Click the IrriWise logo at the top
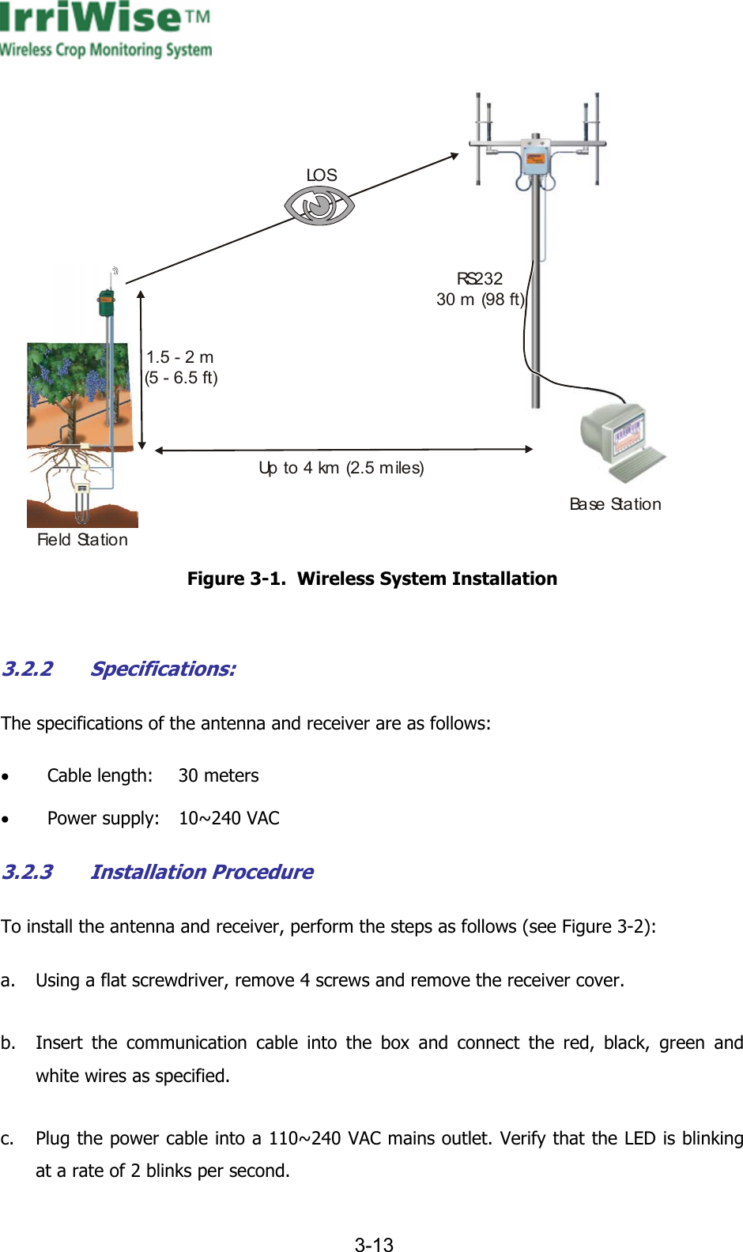pyautogui.click(x=105, y=30)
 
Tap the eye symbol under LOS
pyautogui.click(x=319, y=206)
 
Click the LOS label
pyautogui.click(x=322, y=175)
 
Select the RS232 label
pyautogui.click(x=480, y=278)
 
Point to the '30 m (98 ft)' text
pyautogui.click(x=480, y=300)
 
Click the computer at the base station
pyautogui.click(x=621, y=442)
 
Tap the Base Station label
pyautogui.click(x=615, y=504)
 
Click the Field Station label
pyautogui.click(x=82, y=540)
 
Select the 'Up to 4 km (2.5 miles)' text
pyautogui.click(x=341, y=468)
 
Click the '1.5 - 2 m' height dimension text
pyautogui.click(x=180, y=357)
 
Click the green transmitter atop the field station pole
pyautogui.click(x=106, y=304)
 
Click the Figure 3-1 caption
pyautogui.click(x=371, y=579)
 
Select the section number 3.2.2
pyautogui.click(x=28, y=669)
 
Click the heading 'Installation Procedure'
pyautogui.click(x=202, y=872)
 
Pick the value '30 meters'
pyautogui.click(x=218, y=775)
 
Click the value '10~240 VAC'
pyautogui.click(x=228, y=818)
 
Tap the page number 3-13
pyautogui.click(x=373, y=1245)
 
